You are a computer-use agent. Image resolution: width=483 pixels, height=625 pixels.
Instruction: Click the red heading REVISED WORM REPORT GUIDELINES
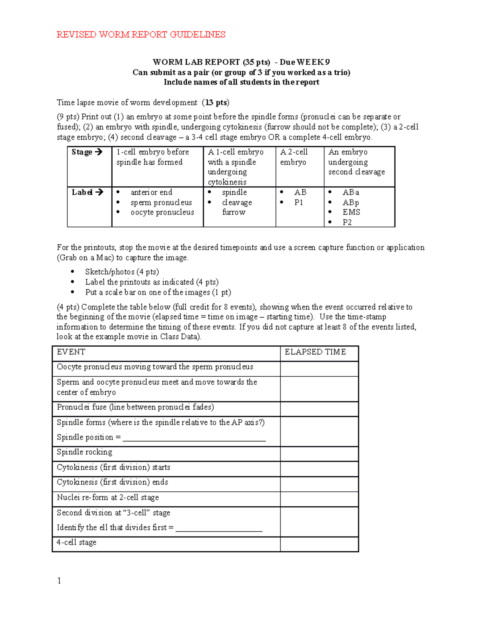pos(140,35)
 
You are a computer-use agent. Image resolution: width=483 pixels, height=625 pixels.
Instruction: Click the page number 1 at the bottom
pos(59,580)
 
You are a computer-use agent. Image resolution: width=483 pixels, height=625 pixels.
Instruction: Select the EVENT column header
pos(71,352)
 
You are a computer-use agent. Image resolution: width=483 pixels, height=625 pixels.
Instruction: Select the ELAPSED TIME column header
pos(315,352)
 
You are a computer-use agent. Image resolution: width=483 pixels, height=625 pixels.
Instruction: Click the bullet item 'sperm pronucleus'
pos(161,202)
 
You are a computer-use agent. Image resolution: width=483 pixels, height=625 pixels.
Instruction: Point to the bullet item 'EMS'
pos(351,212)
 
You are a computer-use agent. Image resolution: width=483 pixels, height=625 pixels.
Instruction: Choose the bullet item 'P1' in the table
pos(298,202)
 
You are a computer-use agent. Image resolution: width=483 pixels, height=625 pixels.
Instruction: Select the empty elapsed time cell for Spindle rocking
pos(319,454)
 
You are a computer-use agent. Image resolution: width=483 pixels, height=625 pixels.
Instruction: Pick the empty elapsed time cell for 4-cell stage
pos(319,544)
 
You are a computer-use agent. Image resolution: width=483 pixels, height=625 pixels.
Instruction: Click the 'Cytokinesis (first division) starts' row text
pos(114,467)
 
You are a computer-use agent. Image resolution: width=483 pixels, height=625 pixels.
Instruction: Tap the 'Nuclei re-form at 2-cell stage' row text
pos(108,497)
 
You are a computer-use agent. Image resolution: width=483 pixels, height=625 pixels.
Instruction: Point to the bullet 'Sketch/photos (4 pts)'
pos(122,272)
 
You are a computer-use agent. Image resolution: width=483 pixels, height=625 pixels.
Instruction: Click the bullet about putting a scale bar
pos(158,292)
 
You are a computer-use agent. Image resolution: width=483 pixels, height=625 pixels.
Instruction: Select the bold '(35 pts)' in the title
pos(256,62)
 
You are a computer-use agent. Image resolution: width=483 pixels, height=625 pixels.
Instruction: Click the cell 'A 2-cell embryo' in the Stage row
pos(294,157)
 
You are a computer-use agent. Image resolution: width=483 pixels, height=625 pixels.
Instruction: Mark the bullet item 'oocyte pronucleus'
pos(162,212)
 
